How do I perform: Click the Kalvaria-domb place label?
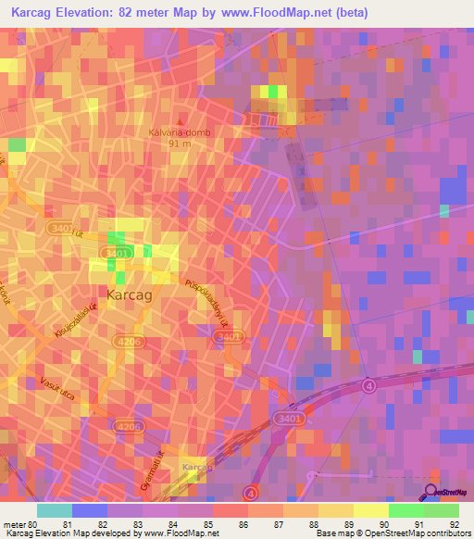tap(181, 132)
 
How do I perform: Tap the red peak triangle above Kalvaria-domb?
tap(181, 121)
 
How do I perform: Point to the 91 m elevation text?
tap(181, 144)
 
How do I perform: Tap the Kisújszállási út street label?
tap(75, 319)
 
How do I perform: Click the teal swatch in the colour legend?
tap(54, 510)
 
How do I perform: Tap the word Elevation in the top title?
tap(98, 13)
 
